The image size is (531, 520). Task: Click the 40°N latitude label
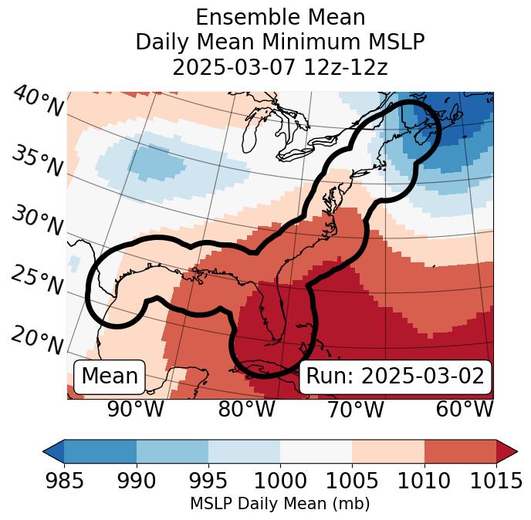click(x=38, y=102)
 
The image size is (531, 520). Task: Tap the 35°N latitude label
click(x=38, y=161)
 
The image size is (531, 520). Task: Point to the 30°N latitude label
click(x=38, y=221)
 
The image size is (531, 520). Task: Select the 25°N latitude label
click(x=38, y=281)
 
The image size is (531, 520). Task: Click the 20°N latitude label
click(x=38, y=340)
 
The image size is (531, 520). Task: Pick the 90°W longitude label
click(x=135, y=410)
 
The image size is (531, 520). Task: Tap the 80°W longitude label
click(x=246, y=410)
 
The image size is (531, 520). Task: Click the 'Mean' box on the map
click(x=110, y=376)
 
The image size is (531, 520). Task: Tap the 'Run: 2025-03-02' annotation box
click(x=395, y=376)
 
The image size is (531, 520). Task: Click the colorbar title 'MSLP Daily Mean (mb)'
click(x=279, y=505)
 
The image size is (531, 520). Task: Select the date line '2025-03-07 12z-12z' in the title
click(x=279, y=67)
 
